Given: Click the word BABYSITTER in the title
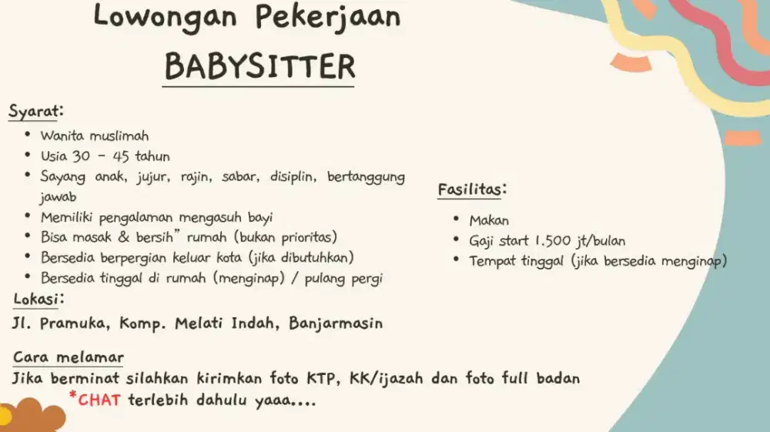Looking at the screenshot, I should click(x=259, y=67).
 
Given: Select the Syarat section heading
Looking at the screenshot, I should click(x=35, y=111).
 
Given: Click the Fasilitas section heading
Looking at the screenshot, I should click(x=472, y=189).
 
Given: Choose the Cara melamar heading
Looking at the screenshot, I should click(x=69, y=358).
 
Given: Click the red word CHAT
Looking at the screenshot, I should click(x=100, y=400).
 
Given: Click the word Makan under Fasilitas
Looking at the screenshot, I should click(x=489, y=221).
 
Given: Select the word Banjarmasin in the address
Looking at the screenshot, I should click(x=336, y=323).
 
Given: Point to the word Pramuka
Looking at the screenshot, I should click(x=75, y=323).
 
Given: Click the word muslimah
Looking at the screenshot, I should click(x=119, y=136).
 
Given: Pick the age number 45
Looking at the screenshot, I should click(x=121, y=156).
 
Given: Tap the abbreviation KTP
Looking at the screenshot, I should click(x=323, y=379).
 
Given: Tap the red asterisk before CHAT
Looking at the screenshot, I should click(x=72, y=397).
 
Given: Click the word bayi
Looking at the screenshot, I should click(x=259, y=217).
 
